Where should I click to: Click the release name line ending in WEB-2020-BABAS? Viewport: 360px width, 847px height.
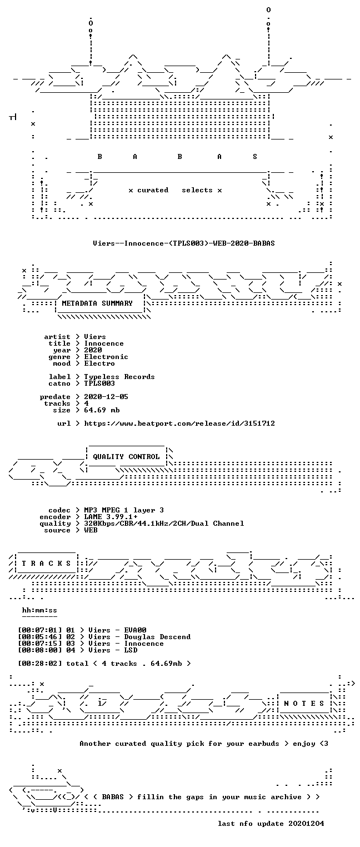coord(184,243)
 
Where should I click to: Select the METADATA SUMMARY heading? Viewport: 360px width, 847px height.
coord(97,303)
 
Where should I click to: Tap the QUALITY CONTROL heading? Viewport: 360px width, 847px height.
coord(126,457)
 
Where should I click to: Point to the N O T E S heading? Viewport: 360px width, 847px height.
coord(304,703)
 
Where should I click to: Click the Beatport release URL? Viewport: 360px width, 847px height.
coord(179,423)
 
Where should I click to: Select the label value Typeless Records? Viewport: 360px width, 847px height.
coord(119,377)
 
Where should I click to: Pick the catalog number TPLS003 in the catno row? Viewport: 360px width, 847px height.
coord(99,383)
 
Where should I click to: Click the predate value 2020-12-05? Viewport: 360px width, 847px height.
coord(106,397)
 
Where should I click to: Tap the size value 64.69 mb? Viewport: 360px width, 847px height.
coord(102,410)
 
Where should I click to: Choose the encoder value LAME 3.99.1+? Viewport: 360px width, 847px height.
coord(111,517)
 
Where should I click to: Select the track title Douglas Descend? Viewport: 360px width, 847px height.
coord(157,637)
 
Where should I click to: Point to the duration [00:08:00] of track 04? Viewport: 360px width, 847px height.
coord(39,650)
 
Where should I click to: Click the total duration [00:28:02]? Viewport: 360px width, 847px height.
coord(39,664)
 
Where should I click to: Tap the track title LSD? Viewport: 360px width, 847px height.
coord(131,650)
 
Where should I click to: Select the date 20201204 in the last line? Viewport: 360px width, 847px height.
coord(306,824)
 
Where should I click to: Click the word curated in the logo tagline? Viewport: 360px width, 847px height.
coord(153,190)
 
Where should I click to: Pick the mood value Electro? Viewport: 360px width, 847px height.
coord(99,364)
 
